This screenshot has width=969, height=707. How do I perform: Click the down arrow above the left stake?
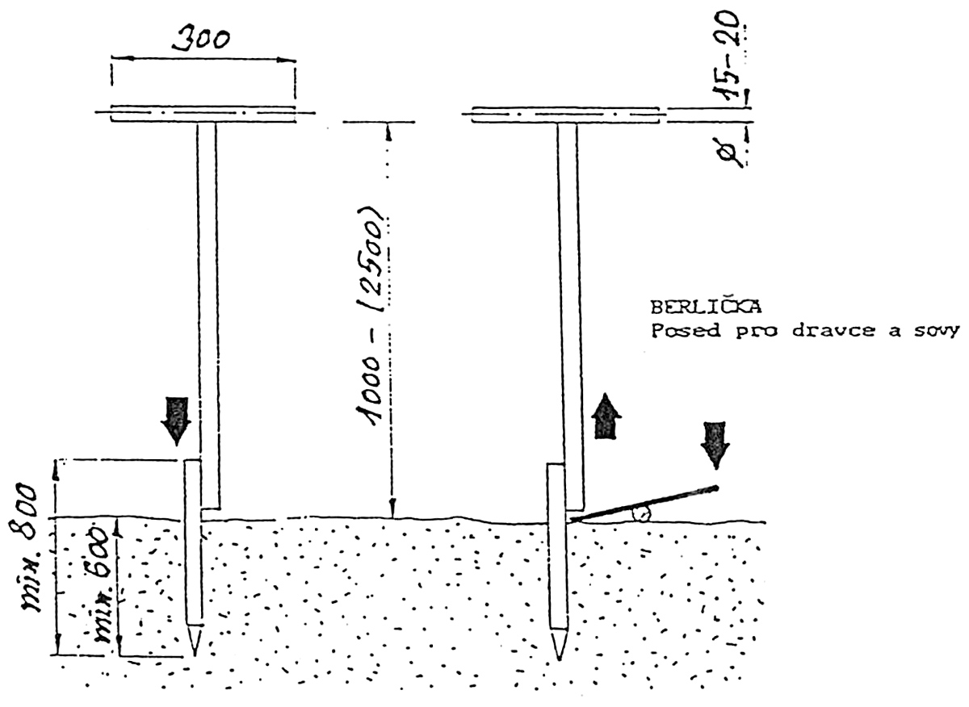(x=175, y=419)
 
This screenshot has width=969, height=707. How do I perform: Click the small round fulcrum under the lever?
(x=643, y=514)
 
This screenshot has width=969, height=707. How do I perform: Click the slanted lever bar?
(x=646, y=504)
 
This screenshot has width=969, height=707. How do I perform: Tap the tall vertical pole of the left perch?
(x=208, y=307)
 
